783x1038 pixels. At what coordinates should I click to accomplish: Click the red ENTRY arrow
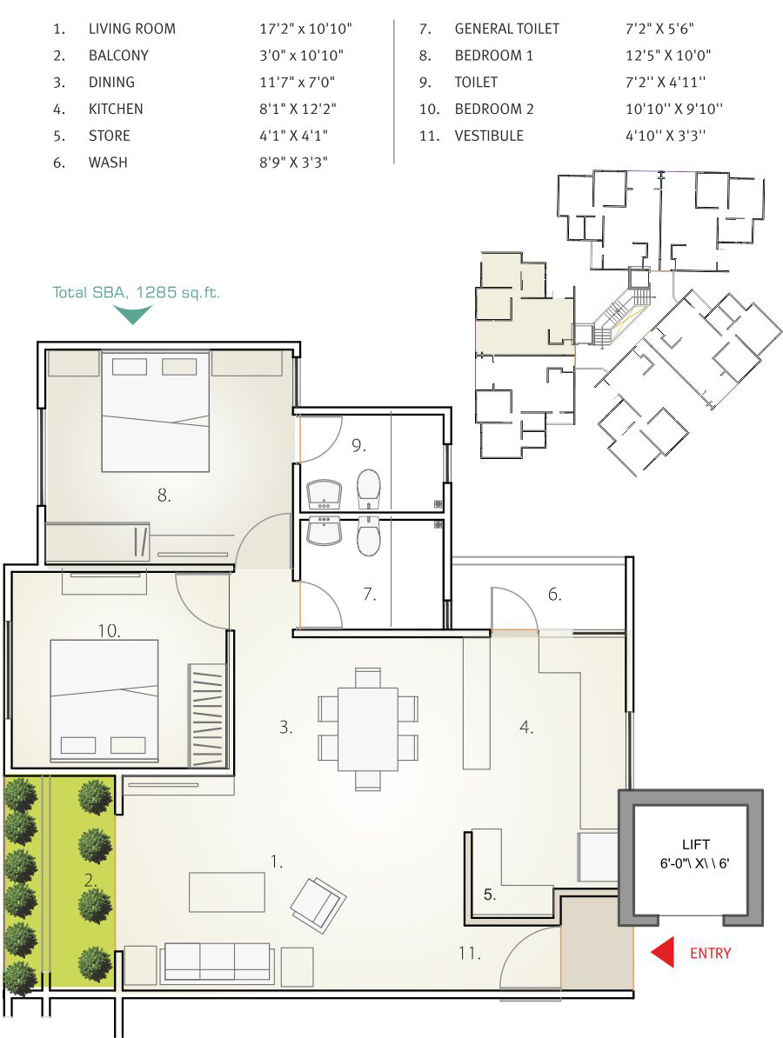click(664, 953)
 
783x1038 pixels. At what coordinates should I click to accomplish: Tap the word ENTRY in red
click(711, 954)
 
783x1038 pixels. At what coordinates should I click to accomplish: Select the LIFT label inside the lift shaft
click(695, 844)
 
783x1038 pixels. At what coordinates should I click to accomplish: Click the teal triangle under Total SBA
click(134, 314)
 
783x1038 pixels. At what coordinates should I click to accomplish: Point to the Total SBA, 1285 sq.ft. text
click(137, 292)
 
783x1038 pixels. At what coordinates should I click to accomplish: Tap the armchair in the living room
click(318, 902)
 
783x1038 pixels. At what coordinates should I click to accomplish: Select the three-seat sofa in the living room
click(217, 961)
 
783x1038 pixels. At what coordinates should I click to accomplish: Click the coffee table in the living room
click(227, 892)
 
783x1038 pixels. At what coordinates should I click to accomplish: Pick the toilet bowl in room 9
click(369, 489)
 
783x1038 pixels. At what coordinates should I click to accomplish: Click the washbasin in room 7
click(325, 532)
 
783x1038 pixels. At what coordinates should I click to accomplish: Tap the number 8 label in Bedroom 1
click(164, 496)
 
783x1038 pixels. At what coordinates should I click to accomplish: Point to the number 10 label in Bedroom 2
click(109, 631)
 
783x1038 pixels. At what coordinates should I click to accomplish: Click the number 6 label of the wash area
click(555, 596)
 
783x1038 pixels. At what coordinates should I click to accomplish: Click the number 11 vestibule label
click(470, 953)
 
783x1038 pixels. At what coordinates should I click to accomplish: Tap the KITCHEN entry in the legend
click(116, 109)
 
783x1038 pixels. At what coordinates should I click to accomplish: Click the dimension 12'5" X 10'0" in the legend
click(663, 56)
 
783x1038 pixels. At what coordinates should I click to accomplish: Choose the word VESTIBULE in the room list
click(489, 136)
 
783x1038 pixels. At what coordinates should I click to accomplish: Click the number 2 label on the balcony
click(90, 880)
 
